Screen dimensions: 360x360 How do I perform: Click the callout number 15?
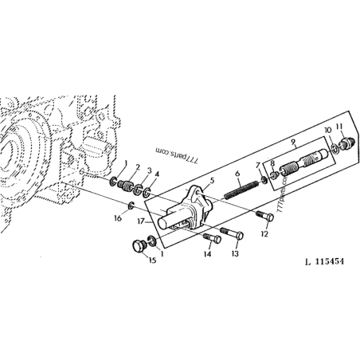click(x=152, y=260)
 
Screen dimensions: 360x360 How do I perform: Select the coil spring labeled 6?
click(x=241, y=190)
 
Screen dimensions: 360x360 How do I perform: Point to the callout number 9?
click(x=293, y=142)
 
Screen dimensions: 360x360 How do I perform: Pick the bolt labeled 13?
click(x=232, y=233)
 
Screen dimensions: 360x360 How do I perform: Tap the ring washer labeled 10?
click(x=335, y=148)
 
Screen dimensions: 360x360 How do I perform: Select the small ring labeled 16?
click(x=131, y=205)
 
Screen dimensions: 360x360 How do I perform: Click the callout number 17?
click(x=141, y=221)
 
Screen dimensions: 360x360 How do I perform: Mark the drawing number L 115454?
click(x=324, y=261)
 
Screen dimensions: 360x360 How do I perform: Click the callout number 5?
click(x=212, y=181)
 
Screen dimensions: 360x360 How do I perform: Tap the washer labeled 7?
click(x=264, y=180)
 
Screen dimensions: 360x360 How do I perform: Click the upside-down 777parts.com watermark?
click(x=177, y=156)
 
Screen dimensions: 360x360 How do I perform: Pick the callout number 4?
click(x=157, y=174)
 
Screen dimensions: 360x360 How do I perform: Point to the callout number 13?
click(x=235, y=254)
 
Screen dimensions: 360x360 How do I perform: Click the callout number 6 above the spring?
click(x=237, y=174)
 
